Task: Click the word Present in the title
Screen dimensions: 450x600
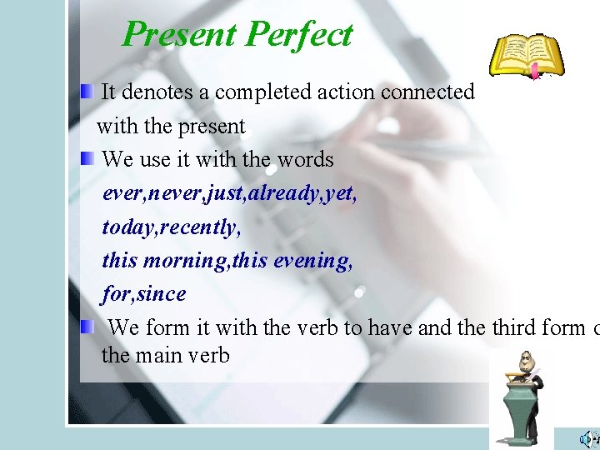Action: pyautogui.click(x=179, y=35)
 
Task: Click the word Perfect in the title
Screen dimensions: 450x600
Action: pyautogui.click(x=299, y=35)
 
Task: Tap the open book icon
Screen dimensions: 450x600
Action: pyautogui.click(x=526, y=57)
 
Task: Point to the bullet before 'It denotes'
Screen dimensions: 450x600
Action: pyautogui.click(x=87, y=92)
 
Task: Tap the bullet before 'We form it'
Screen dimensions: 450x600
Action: pyautogui.click(x=87, y=327)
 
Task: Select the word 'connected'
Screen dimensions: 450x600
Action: pyautogui.click(x=427, y=92)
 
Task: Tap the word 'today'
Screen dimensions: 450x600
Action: pyautogui.click(x=127, y=227)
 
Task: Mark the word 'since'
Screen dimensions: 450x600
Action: pyautogui.click(x=162, y=294)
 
